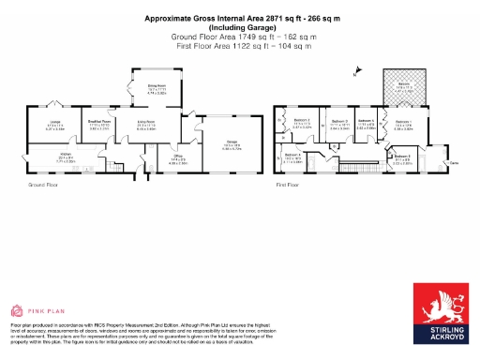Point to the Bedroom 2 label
pyautogui.click(x=302, y=121)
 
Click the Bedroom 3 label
pyautogui.click(x=338, y=121)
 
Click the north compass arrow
pyautogui.click(x=354, y=70)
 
